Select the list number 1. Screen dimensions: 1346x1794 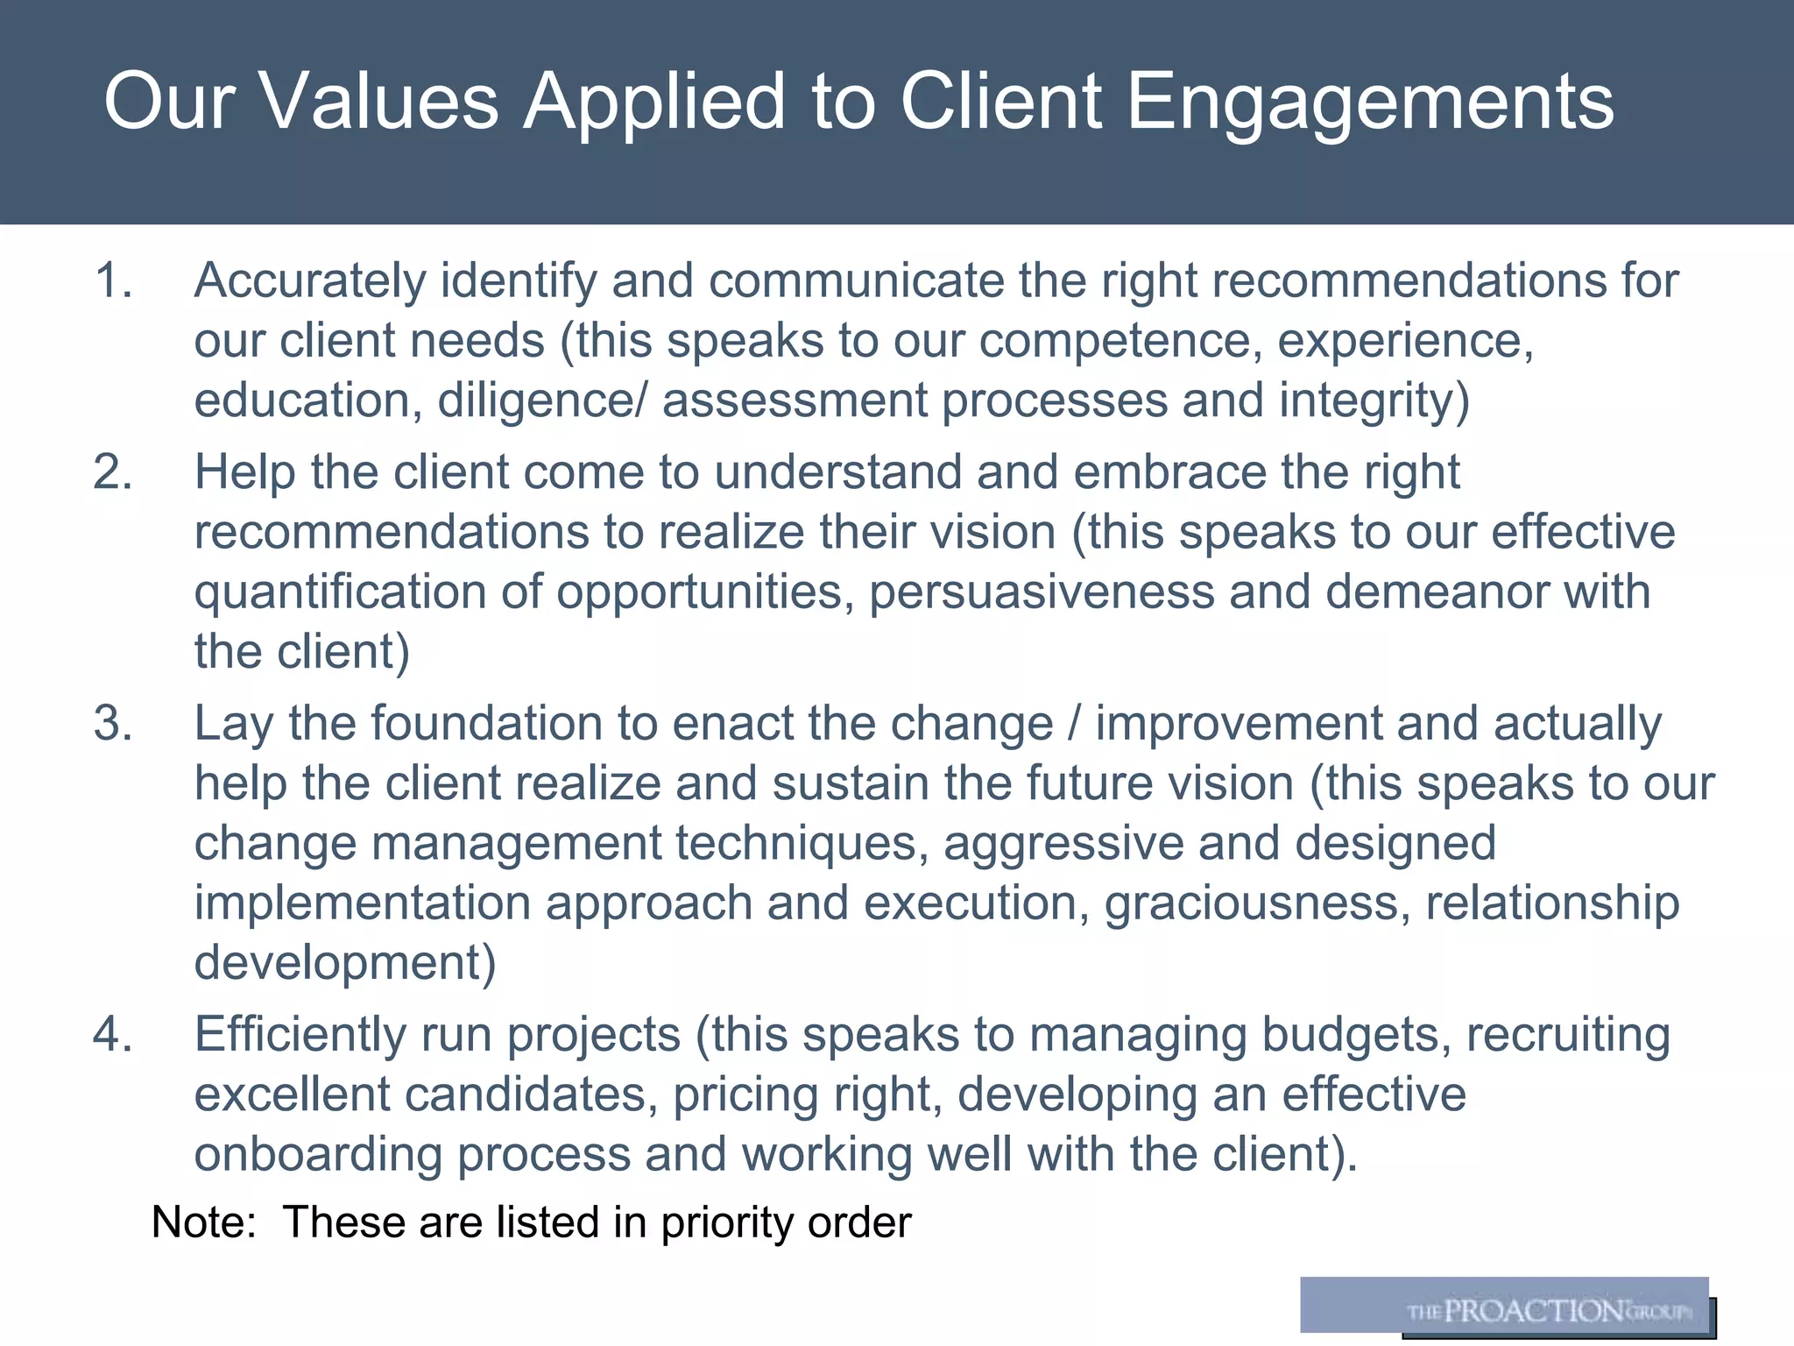point(113,281)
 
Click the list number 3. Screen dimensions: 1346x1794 point(113,724)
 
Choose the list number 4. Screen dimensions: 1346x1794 point(113,1035)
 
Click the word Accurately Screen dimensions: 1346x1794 point(309,281)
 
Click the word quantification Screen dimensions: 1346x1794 point(340,592)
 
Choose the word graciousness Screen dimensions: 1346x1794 point(1257,903)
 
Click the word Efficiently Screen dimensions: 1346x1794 point(300,1035)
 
